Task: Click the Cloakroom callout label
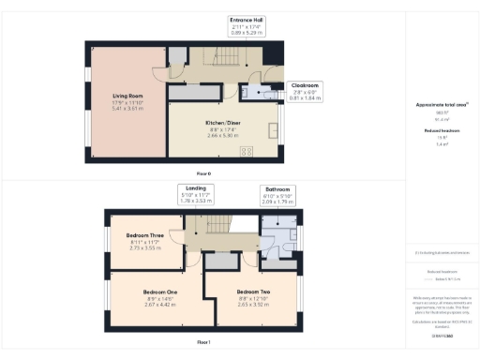tap(305, 90)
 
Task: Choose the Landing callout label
tap(197, 193)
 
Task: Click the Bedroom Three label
tap(144, 236)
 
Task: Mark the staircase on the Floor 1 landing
tap(217, 225)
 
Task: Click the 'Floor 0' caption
tap(202, 174)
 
